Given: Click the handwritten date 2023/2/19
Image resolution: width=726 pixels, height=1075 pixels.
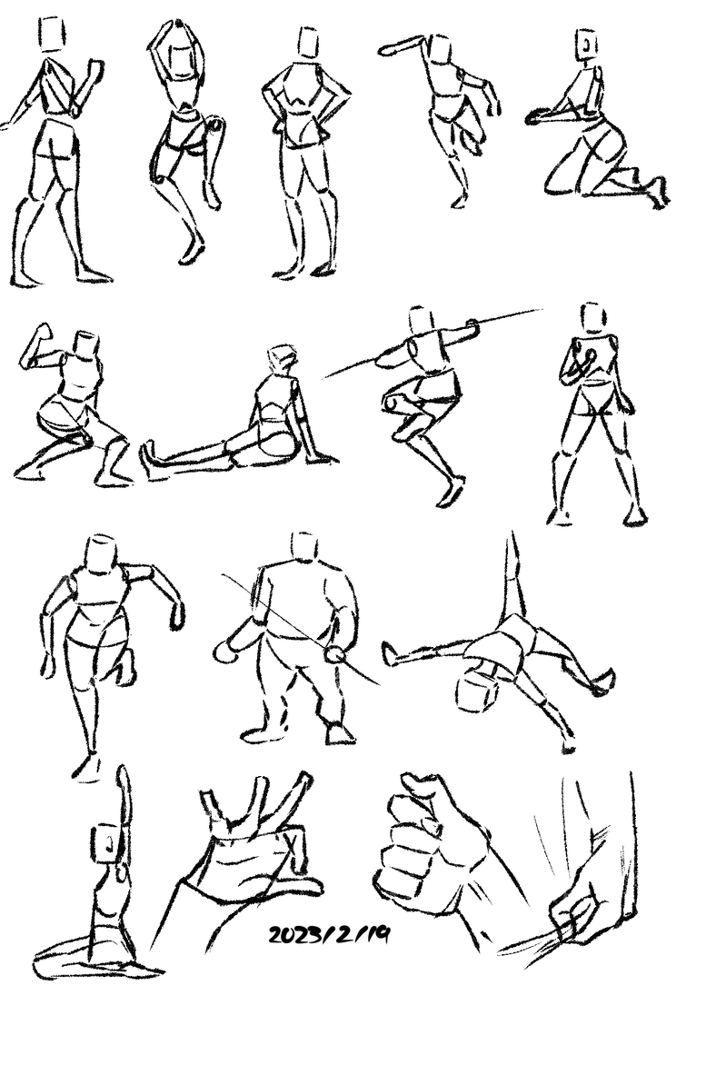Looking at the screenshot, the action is [329, 934].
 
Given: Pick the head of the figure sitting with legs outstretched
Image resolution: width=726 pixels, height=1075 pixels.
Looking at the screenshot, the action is [283, 359].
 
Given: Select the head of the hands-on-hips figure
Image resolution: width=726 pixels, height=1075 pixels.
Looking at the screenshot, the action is [309, 43].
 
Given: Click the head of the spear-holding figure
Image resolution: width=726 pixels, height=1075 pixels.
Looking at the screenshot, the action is [420, 320].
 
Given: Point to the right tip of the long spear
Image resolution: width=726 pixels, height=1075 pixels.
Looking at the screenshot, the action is [542, 310].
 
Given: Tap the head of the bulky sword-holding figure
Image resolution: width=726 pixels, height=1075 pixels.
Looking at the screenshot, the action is [304, 546].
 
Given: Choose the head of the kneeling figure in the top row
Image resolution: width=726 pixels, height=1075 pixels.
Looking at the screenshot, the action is [587, 45].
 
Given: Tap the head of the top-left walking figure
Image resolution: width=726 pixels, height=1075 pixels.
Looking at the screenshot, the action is [53, 35].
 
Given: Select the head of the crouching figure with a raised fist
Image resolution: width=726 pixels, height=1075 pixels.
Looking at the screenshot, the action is [86, 344].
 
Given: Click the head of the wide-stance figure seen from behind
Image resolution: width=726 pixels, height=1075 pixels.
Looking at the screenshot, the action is [593, 318].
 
